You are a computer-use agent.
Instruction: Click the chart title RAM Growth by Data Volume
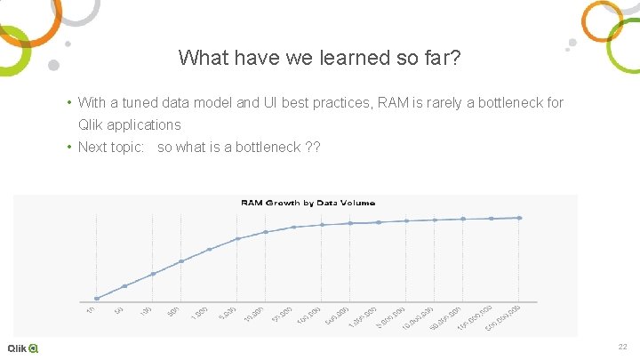tap(308, 203)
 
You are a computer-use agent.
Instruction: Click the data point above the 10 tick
tap(96, 299)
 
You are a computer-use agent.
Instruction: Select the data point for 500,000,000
tap(520, 218)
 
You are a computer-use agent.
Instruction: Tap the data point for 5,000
tap(237, 238)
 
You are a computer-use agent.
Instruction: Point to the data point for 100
tap(153, 274)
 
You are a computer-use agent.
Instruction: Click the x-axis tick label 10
tap(91, 308)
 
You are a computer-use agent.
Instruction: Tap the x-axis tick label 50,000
tap(284, 313)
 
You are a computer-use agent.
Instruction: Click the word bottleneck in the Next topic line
tap(267, 147)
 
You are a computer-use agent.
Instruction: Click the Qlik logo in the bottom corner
tap(23, 348)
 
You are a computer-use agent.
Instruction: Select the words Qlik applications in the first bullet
tap(130, 124)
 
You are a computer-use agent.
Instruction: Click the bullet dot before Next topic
tap(68, 147)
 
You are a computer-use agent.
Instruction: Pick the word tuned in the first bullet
tap(140, 103)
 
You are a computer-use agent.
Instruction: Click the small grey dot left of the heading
tap(53, 65)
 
